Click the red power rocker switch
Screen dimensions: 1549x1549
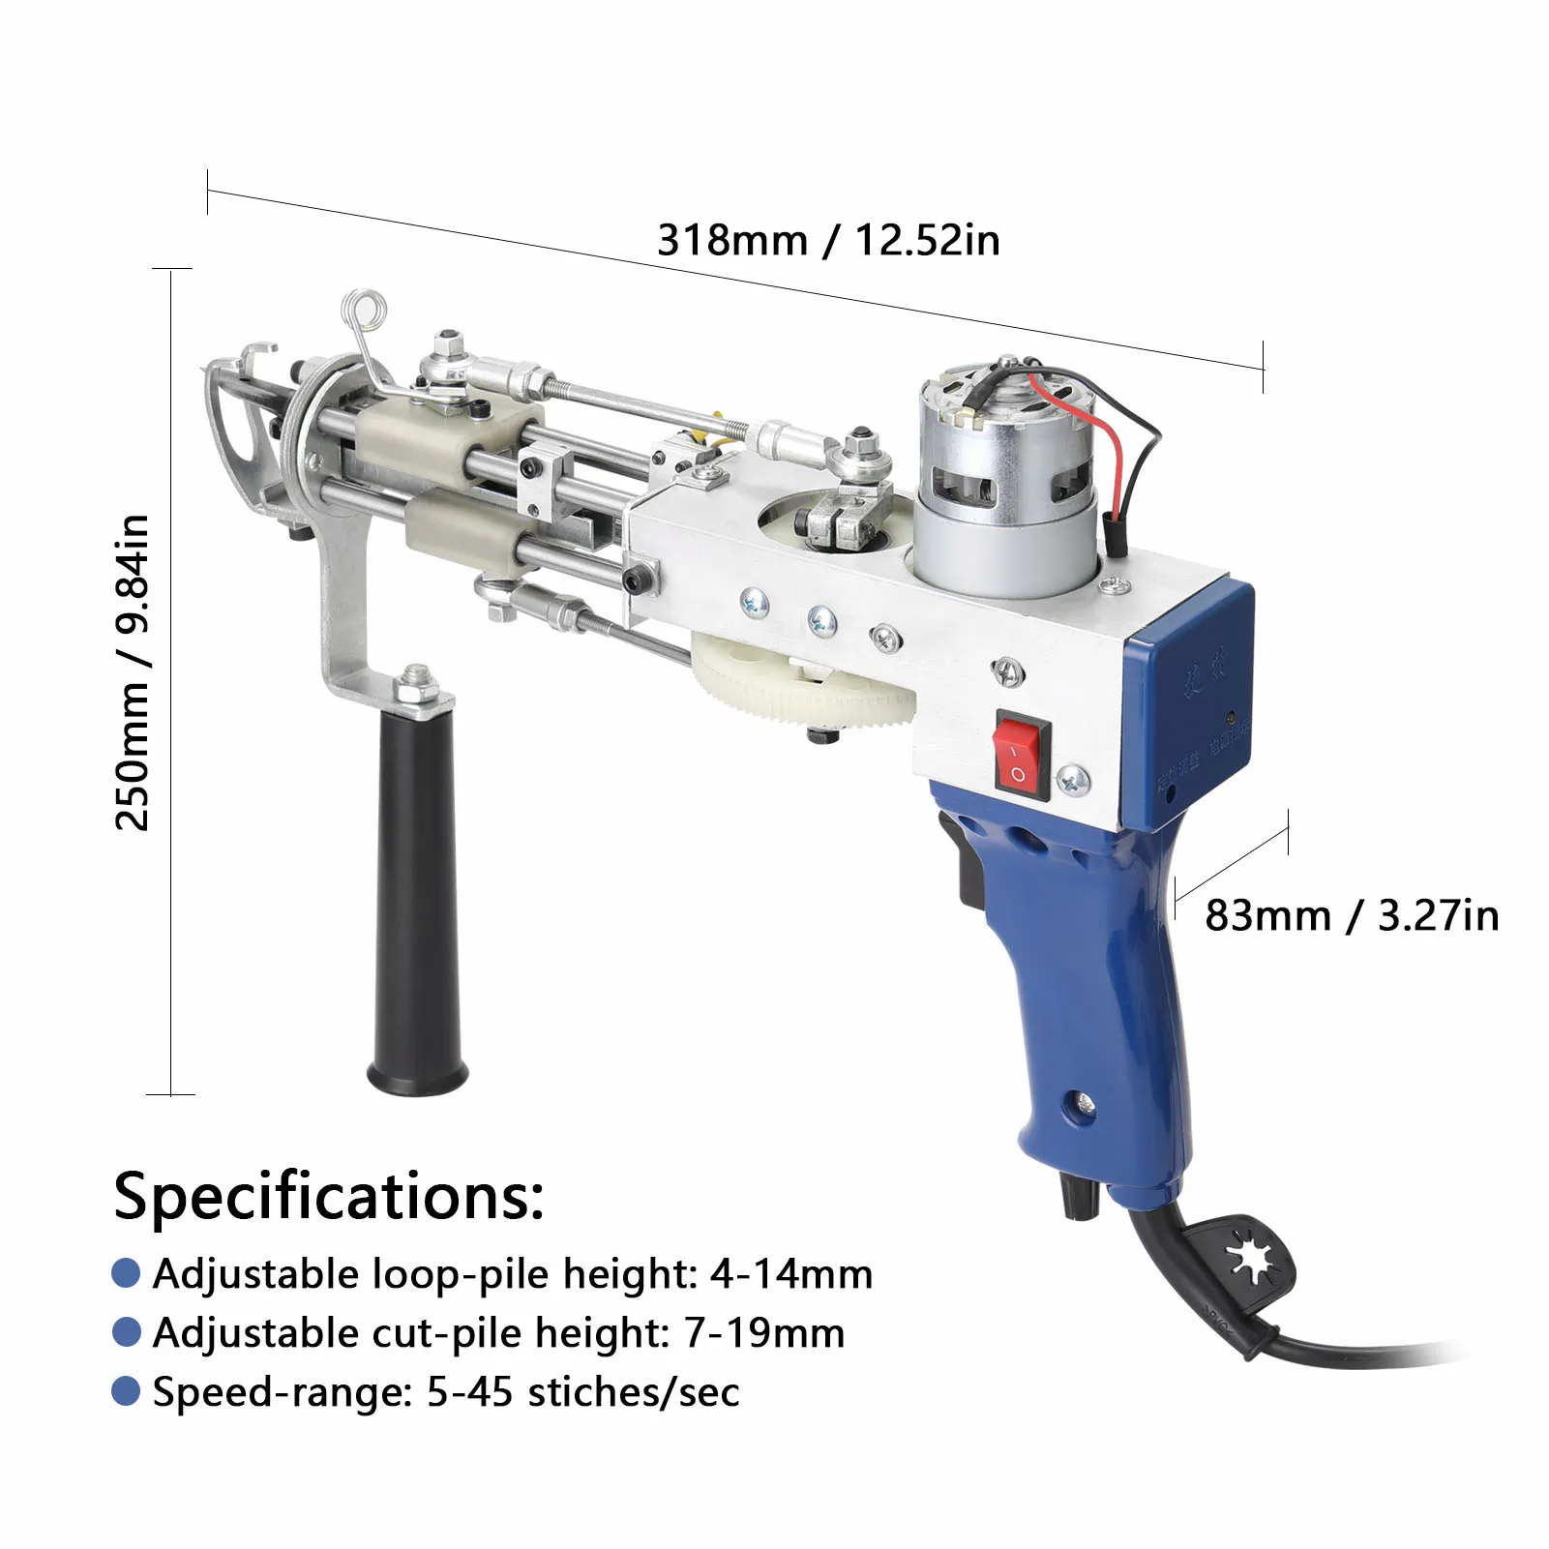pyautogui.click(x=1022, y=755)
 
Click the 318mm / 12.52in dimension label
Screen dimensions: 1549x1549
pyautogui.click(x=828, y=240)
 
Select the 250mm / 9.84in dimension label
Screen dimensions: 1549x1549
pyautogui.click(x=133, y=672)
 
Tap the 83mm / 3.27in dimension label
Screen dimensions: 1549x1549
pyautogui.click(x=1351, y=915)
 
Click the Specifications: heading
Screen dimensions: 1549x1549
pyautogui.click(x=329, y=1196)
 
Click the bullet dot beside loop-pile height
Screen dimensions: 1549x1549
pyautogui.click(x=127, y=1273)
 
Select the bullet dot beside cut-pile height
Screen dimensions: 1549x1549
pyautogui.click(x=127, y=1332)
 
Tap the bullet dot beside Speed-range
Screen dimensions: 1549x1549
pyautogui.click(x=127, y=1391)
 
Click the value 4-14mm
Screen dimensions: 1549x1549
pyautogui.click(x=791, y=1273)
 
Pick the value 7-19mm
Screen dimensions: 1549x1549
pyautogui.click(x=764, y=1332)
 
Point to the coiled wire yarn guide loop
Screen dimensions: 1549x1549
pyautogui.click(x=365, y=312)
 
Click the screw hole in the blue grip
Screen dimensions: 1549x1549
pyautogui.click(x=1082, y=1103)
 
